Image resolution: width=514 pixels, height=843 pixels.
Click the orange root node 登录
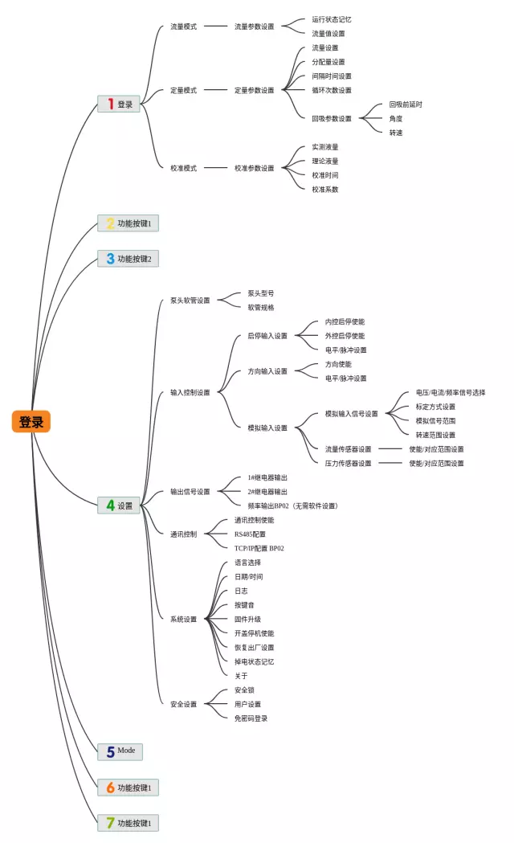pos(31,421)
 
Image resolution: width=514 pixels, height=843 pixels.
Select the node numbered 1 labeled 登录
pos(119,104)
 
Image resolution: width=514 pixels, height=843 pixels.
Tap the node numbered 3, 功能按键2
pos(128,259)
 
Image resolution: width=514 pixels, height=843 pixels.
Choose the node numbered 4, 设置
pos(119,505)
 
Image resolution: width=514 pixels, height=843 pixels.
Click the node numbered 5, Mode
pos(120,751)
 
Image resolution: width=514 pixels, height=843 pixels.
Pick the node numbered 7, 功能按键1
pos(128,822)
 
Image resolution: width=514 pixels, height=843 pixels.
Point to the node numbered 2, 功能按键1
pos(128,223)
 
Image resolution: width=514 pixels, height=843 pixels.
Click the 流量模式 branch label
pos(183,27)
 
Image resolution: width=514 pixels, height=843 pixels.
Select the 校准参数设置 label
pos(254,168)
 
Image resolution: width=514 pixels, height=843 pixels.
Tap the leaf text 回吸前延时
pos(406,104)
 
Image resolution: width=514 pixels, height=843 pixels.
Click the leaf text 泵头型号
pos(261,293)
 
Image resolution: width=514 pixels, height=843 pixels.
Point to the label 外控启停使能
pos(345,336)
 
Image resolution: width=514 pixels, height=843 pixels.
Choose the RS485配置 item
pos(250,534)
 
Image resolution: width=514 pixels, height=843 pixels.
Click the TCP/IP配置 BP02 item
pos(259,548)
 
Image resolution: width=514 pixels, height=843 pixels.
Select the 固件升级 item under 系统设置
pos(247,620)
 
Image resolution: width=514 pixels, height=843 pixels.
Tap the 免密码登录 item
pos(251,718)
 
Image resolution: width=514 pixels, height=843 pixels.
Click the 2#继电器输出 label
pos(267,491)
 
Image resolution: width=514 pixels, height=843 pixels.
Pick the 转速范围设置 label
pos(435,435)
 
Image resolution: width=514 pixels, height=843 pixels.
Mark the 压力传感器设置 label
pos(348,463)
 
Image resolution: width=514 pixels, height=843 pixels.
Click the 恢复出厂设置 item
pos(254,648)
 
